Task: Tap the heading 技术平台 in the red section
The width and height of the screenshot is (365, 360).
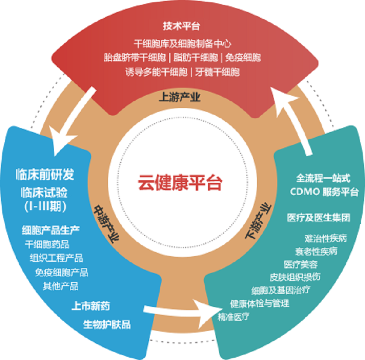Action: pos(182,26)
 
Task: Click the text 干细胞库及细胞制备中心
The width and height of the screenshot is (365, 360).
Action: pos(183,44)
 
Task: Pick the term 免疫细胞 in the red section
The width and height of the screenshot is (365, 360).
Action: pos(243,58)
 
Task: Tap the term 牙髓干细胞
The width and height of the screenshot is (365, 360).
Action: pos(218,72)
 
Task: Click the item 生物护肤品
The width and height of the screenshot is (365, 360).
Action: pos(107,325)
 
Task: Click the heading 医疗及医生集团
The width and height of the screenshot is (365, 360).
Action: pos(318,217)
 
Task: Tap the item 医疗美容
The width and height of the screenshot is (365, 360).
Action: pos(301,264)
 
